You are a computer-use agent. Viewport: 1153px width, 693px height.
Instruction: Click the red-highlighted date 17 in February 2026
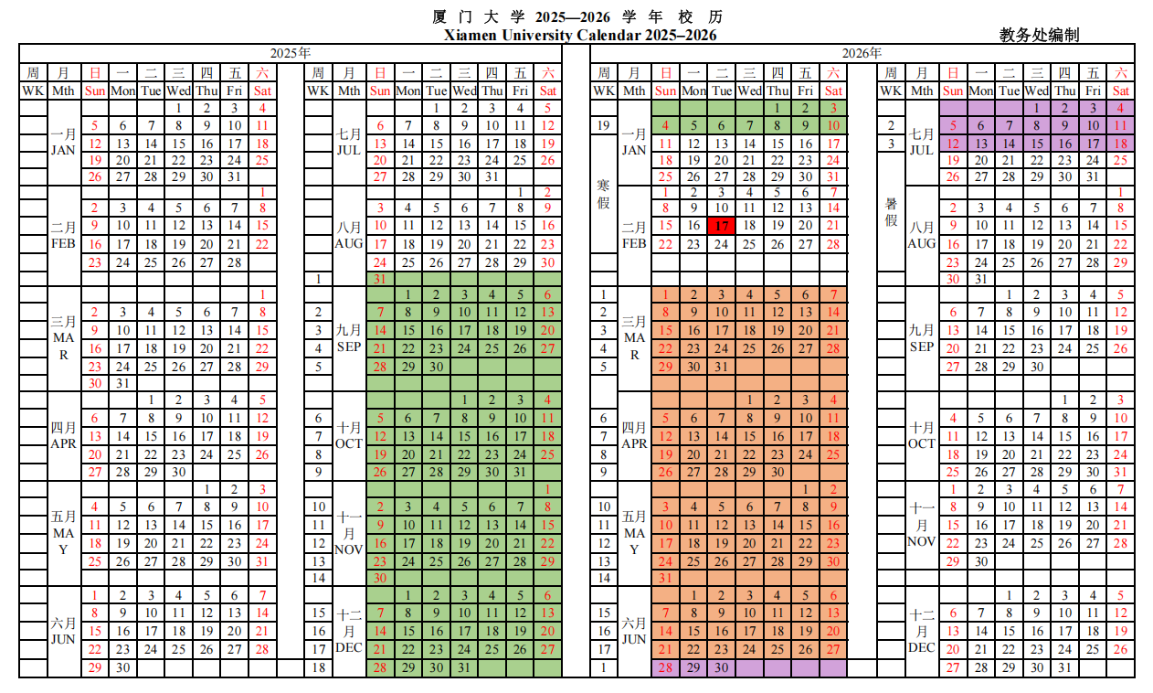coord(722,226)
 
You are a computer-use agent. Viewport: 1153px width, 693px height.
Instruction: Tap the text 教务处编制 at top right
coord(1039,35)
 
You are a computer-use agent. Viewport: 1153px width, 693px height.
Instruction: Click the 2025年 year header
coord(291,53)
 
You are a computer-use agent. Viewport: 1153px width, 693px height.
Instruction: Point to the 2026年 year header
coord(862,53)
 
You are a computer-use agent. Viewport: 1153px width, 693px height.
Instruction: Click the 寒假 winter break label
coord(603,193)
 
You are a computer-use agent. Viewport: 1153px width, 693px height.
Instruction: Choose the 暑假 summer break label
coord(891,211)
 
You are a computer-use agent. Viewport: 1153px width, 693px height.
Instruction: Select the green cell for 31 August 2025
coord(380,278)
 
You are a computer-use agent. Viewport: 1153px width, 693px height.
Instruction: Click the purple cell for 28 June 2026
coord(665,667)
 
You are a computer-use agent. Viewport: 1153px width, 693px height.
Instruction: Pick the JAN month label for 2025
coord(63,151)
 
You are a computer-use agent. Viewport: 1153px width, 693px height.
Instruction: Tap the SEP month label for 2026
coord(922,347)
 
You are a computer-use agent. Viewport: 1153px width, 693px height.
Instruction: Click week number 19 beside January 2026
coord(603,125)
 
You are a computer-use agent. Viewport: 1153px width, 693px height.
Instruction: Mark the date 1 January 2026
coord(777,108)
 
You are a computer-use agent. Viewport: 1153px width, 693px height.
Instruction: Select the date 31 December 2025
coord(464,667)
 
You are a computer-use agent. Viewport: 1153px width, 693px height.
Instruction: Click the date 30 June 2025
coord(123,667)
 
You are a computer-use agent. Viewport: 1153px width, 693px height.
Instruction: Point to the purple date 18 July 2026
coord(1121,144)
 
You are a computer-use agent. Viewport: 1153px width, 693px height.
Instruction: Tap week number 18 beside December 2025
coord(318,667)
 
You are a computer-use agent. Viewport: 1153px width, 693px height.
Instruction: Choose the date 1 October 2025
coord(464,400)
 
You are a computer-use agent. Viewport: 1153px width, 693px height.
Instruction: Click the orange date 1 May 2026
coord(805,489)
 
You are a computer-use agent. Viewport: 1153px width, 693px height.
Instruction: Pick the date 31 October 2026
coord(1121,472)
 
